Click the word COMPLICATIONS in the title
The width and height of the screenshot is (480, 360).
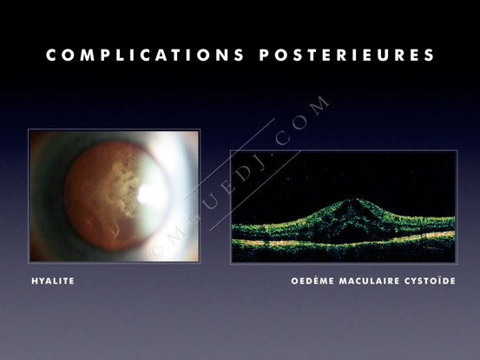(145, 55)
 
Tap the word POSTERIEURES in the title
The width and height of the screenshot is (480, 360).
(347, 55)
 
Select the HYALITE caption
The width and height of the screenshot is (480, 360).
(53, 281)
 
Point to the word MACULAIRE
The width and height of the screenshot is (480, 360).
(369, 281)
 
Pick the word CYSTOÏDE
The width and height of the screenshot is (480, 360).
(430, 280)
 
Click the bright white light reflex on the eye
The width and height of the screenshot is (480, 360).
(148, 194)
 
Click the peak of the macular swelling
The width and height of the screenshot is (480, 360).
(352, 200)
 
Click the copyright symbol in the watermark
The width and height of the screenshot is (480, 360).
(156, 252)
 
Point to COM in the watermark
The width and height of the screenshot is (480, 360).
(302, 121)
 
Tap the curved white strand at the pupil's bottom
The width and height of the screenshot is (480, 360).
(115, 231)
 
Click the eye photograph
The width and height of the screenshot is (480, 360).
(114, 196)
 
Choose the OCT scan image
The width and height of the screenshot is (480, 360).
(344, 206)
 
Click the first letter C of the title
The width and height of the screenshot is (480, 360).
(51, 55)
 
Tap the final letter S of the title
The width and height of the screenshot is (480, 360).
(430, 55)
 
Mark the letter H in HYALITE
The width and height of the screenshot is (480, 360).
(35, 281)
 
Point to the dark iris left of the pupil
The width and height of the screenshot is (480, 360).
(49, 196)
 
